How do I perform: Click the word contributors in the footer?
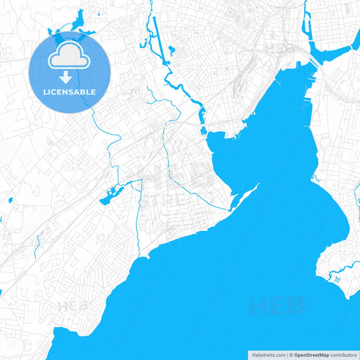344,355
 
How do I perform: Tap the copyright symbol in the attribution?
290,355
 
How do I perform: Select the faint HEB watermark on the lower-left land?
73,305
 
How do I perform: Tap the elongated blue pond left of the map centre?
109,198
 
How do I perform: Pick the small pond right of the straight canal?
171,49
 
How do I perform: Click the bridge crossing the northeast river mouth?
315,61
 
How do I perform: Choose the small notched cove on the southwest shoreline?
143,257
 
